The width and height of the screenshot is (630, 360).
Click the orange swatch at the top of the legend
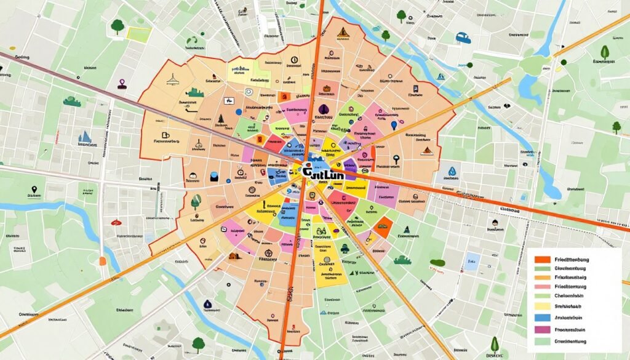[x=542, y=260]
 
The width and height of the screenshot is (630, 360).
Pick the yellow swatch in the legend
[x=542, y=306]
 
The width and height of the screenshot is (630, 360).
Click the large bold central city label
[x=324, y=174]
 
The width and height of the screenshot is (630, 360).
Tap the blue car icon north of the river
[x=463, y=38]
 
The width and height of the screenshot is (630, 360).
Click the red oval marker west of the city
[x=116, y=221]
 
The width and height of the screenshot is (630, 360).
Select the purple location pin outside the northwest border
[x=122, y=83]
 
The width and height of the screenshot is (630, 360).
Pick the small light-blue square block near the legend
[x=472, y=260]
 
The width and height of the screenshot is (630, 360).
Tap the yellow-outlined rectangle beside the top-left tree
[x=139, y=34]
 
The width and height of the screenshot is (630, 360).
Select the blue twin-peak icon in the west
[x=84, y=137]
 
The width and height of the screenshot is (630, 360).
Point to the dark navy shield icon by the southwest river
[x=207, y=303]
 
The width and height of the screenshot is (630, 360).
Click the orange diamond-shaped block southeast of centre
[x=383, y=228]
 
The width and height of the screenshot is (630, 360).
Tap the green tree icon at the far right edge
[x=616, y=127]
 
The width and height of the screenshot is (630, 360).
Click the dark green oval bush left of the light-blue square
[x=437, y=263]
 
